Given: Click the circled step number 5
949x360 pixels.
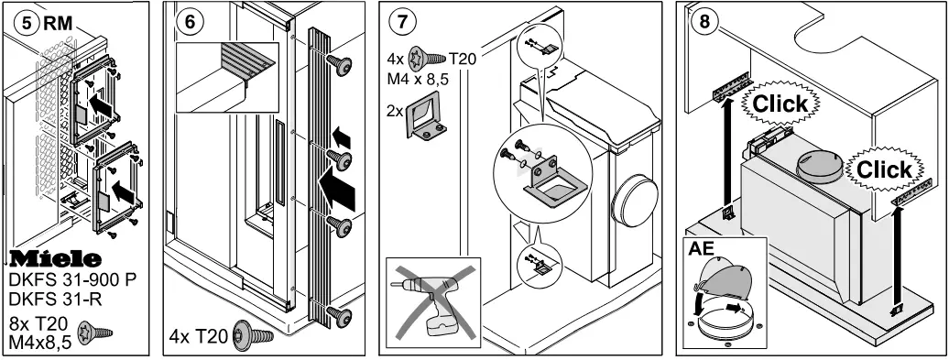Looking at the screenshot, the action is (27, 23).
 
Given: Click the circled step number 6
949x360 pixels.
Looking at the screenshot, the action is (190, 22).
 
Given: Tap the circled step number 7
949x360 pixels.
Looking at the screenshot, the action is (402, 22).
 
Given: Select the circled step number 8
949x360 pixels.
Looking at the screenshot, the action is (704, 22).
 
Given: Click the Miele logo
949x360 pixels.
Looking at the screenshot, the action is (55, 259).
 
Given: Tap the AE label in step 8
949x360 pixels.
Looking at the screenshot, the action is (701, 248).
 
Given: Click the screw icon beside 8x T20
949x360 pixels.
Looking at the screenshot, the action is (95, 332).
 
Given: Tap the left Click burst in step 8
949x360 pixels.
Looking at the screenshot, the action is (780, 104).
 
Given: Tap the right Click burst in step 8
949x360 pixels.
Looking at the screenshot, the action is (884, 169).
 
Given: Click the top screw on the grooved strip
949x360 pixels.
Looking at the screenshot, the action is (339, 65).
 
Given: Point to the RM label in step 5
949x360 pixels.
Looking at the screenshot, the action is (58, 23).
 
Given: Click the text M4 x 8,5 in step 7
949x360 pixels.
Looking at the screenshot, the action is (419, 78).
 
